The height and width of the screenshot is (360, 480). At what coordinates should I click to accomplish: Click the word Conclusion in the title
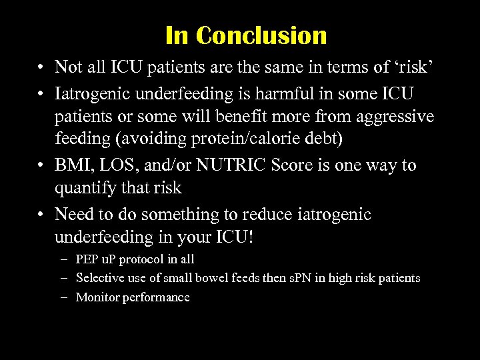point(262,35)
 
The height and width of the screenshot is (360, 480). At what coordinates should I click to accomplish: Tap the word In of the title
point(177,35)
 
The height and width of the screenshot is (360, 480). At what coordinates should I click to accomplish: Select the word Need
point(75,214)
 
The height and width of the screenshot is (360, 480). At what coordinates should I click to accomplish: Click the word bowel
point(204,278)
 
